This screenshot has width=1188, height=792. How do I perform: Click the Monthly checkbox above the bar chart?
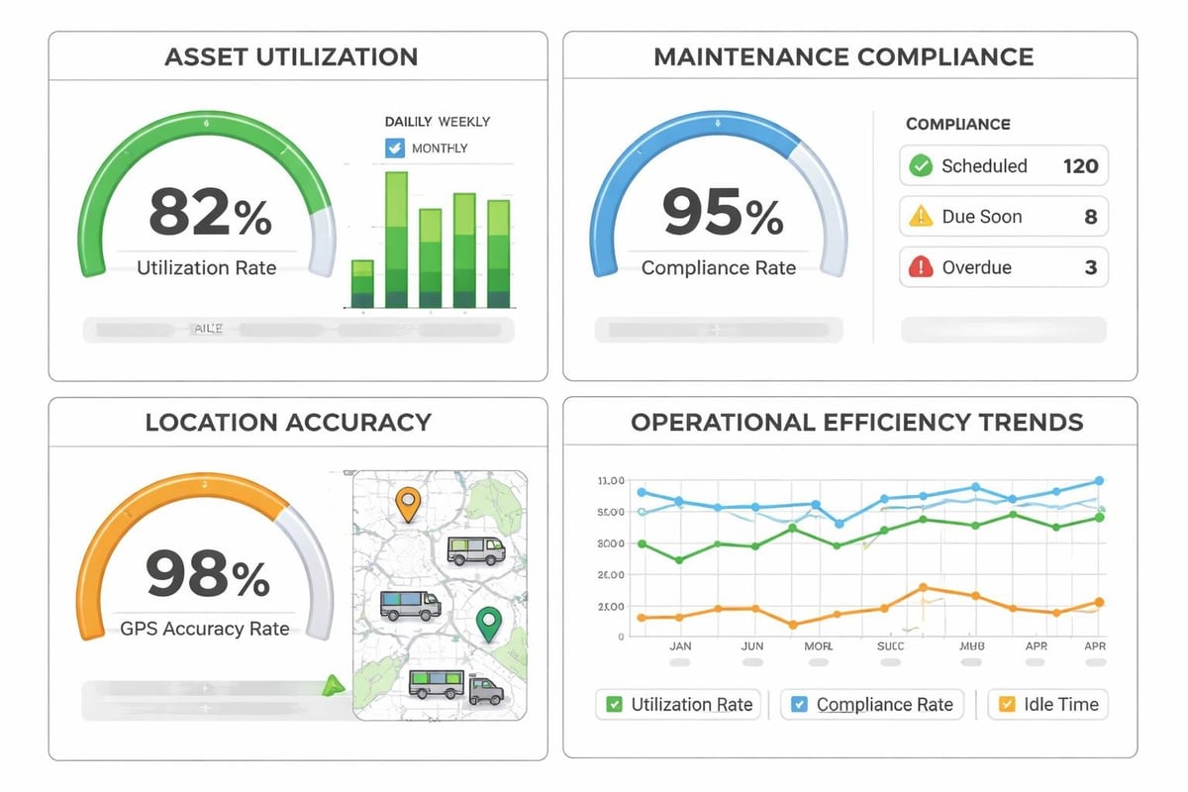[x=394, y=148]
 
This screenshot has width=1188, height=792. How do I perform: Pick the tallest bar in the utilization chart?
[x=396, y=240]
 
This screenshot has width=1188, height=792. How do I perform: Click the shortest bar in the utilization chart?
[x=362, y=284]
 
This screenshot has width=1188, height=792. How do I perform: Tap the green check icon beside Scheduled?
[x=921, y=166]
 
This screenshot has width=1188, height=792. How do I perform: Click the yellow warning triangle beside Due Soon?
[x=921, y=217]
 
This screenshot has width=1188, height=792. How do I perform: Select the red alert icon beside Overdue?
[x=921, y=267]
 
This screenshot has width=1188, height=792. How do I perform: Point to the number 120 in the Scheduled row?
[x=1080, y=166]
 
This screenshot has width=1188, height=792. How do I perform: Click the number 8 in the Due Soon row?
[x=1090, y=217]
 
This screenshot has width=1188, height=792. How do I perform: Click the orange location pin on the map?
[x=406, y=502]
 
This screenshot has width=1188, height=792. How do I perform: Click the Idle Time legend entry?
[x=1048, y=705]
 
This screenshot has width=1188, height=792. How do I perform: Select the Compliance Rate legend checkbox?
[x=799, y=705]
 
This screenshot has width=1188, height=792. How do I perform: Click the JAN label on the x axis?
[x=680, y=645]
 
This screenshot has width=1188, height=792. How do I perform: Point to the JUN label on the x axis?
[x=752, y=645]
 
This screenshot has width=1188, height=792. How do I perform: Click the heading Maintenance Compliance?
[x=843, y=56]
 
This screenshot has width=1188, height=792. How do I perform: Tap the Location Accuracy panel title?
[x=288, y=423]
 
